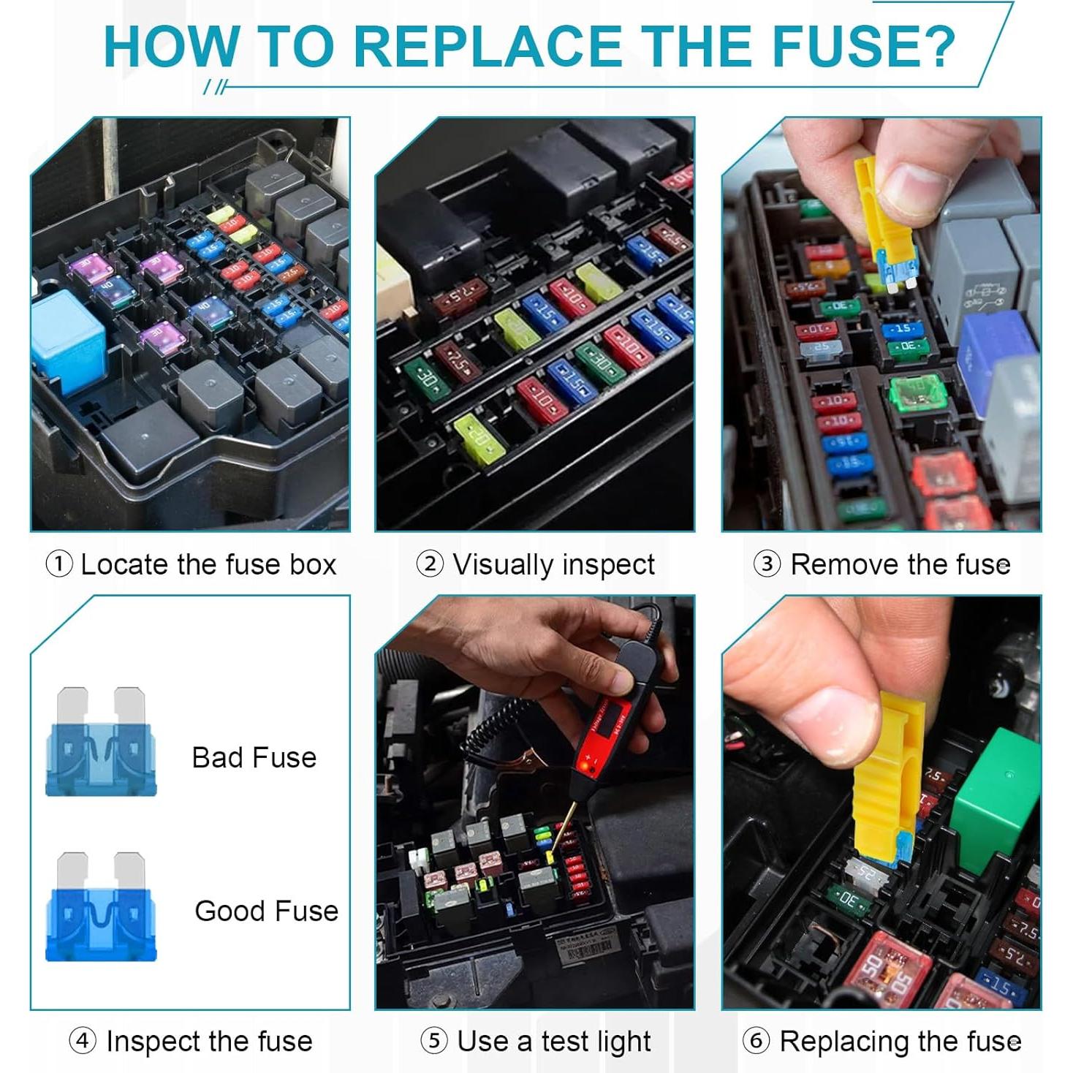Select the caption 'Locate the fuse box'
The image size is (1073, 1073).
tap(208, 565)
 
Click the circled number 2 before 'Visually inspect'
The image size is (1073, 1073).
tap(430, 564)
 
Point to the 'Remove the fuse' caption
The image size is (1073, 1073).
tap(900, 565)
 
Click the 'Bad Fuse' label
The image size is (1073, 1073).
tap(254, 758)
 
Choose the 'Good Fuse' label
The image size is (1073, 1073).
tap(266, 911)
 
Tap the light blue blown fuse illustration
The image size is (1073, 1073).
tap(101, 743)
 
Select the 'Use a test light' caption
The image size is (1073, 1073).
tap(553, 1042)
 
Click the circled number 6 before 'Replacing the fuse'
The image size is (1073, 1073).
tap(756, 1041)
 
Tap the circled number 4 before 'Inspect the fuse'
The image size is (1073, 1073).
tap(82, 1041)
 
